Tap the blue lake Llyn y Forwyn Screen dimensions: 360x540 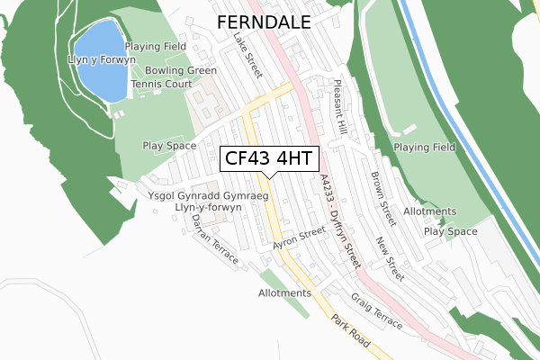98,63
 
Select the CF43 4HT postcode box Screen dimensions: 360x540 268,158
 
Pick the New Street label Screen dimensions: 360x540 388,256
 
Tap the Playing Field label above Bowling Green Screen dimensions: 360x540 156,47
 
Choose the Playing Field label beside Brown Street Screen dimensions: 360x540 425,147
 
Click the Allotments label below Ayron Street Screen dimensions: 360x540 284,293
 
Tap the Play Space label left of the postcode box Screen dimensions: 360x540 169,146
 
